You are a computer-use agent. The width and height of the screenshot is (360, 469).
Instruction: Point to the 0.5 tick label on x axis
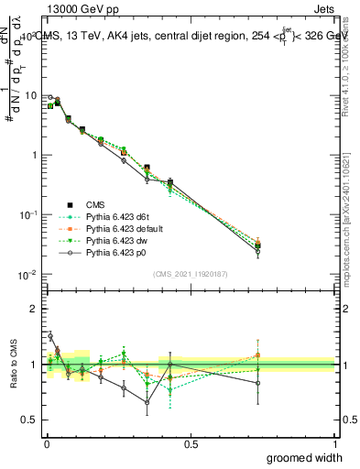190,442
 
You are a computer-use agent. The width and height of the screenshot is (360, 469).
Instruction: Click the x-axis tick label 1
333,442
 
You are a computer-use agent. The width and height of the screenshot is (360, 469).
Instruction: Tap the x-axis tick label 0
46,442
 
